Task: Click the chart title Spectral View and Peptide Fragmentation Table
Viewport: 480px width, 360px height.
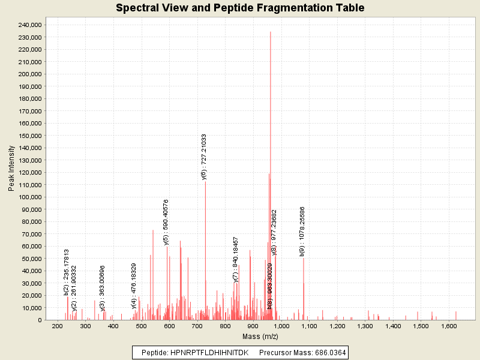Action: [x=240, y=8]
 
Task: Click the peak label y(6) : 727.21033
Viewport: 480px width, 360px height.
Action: [x=204, y=157]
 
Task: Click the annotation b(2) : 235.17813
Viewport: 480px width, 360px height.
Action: [x=67, y=272]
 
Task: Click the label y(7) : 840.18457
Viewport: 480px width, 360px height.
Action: [x=236, y=259]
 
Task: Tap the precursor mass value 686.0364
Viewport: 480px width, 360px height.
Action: [x=323, y=352]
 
